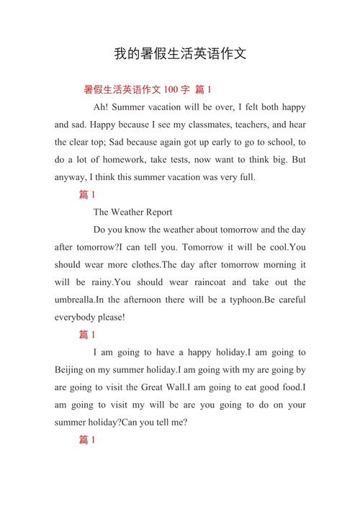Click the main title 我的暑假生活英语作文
180,54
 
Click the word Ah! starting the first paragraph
102,107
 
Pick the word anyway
71,177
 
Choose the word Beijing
71,369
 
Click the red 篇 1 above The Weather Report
87,195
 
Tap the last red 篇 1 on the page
87,440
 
